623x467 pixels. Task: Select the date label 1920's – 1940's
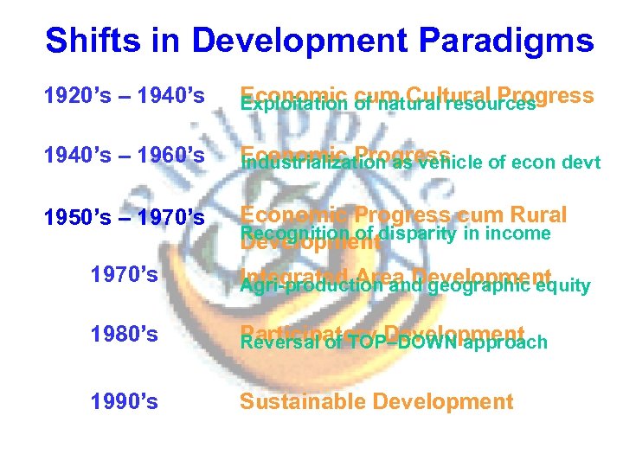125,98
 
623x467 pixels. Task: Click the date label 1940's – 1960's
125,157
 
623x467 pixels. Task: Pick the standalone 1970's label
125,275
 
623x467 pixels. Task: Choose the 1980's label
125,333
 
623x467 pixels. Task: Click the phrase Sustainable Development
376,401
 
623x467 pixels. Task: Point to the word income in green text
520,233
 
